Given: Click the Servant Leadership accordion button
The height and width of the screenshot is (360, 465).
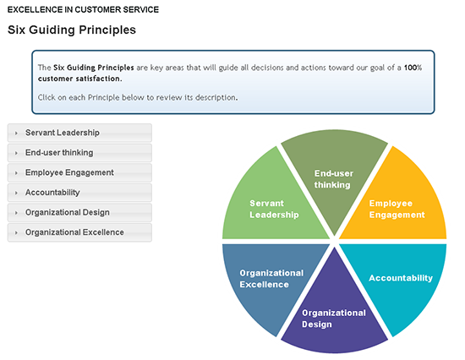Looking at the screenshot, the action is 79,133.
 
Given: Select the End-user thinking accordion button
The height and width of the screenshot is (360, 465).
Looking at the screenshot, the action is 79,153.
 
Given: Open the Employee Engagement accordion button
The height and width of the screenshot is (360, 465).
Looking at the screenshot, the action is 79,172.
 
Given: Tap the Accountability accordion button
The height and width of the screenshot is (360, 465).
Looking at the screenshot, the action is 79,193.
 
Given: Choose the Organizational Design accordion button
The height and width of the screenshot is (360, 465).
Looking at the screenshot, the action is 79,212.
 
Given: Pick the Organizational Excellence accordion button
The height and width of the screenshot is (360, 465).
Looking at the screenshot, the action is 79,232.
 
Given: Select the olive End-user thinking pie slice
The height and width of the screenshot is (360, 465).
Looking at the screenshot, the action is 334,175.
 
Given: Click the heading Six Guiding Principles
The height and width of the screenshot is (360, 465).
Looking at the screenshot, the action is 72,30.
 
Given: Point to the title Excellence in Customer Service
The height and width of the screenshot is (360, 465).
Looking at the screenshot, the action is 83,10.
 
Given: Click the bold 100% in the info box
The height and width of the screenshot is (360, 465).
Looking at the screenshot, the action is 413,68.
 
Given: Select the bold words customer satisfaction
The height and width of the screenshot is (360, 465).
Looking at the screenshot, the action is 79,79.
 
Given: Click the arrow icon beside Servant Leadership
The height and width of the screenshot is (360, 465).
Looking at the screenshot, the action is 16,134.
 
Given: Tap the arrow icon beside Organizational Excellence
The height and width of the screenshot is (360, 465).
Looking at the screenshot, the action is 16,232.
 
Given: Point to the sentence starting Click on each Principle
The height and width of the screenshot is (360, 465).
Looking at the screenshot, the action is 138,97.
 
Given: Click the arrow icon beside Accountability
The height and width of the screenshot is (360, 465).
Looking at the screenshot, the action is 16,193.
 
